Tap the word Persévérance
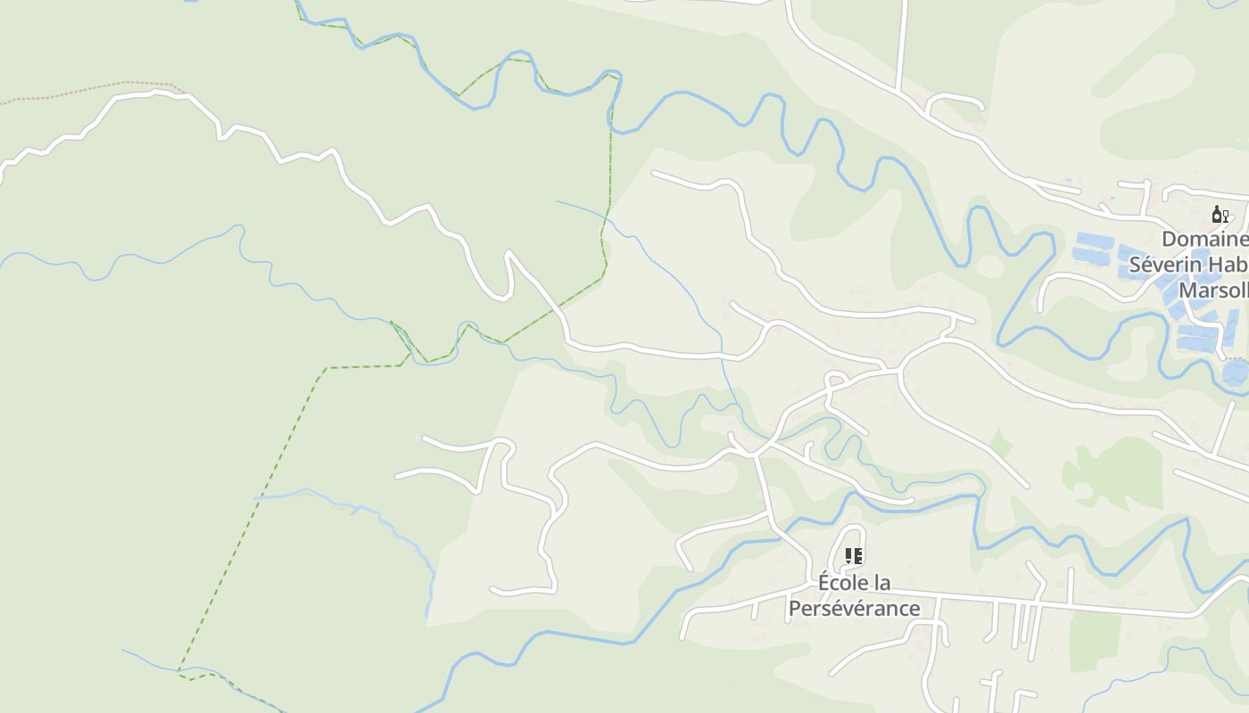tap(854, 608)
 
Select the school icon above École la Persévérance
tap(853, 557)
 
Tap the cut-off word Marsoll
tap(1213, 291)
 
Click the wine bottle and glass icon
tap(1220, 214)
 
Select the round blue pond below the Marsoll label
tap(1237, 373)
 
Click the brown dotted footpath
tap(89, 88)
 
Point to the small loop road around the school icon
tap(839, 538)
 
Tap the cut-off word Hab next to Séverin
tap(1229, 265)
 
